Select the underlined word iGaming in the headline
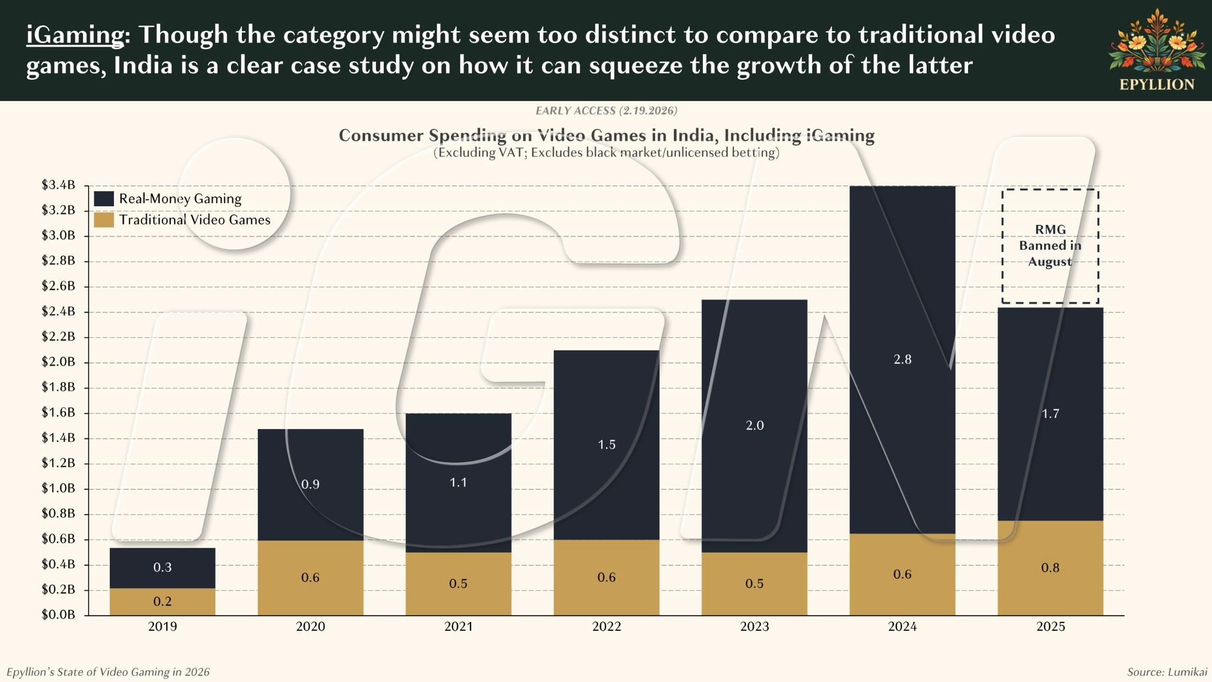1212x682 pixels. (75, 35)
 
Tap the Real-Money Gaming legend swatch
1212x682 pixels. (104, 198)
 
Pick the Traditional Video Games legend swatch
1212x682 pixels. (104, 220)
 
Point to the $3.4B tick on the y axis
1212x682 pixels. (58, 185)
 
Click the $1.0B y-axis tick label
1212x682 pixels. (58, 488)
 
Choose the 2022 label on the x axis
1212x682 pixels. (606, 627)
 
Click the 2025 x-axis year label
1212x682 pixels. (1050, 627)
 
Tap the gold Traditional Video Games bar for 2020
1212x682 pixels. (310, 578)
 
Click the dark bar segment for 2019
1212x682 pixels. (162, 567)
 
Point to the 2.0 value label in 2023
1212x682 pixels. (755, 425)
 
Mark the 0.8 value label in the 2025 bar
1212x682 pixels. (1050, 568)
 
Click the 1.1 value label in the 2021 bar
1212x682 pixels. (458, 483)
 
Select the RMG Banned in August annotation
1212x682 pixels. (1050, 246)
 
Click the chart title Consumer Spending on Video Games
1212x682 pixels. (606, 135)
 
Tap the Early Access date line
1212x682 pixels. (606, 111)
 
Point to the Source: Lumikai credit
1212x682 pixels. (1166, 672)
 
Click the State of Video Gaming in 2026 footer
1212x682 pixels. (108, 672)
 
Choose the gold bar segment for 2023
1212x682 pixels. (754, 584)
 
